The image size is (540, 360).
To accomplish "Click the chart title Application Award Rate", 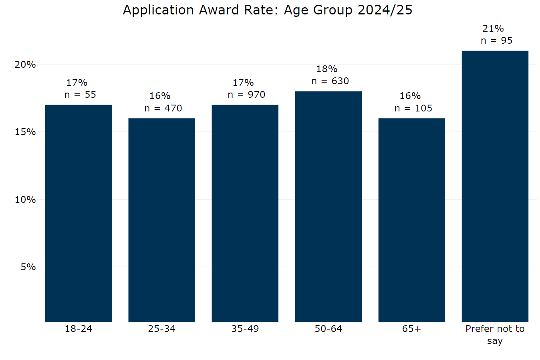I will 268,10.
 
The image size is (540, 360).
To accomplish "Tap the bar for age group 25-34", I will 161,220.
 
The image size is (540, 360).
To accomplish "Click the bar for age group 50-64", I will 328,206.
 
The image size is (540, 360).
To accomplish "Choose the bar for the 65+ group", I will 411,220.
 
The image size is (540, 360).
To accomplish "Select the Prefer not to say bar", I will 495,186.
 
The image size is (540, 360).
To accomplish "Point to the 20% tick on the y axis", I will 25,65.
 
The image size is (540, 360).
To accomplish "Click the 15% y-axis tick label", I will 25,132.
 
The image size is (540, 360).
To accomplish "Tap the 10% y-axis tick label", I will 25,200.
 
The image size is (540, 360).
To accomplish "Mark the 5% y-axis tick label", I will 28,267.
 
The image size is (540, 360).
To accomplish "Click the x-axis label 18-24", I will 78,329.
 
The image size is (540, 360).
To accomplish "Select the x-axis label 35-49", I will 245,329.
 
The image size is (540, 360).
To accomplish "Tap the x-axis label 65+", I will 411,329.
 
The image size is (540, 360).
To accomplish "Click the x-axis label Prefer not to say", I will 495,334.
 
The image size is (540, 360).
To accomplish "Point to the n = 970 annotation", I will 246,95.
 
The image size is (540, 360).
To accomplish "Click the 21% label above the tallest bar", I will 493,28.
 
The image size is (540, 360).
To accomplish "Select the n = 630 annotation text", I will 330,81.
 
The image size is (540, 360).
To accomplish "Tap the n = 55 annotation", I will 80,95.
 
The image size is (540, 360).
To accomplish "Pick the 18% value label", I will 326,69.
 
